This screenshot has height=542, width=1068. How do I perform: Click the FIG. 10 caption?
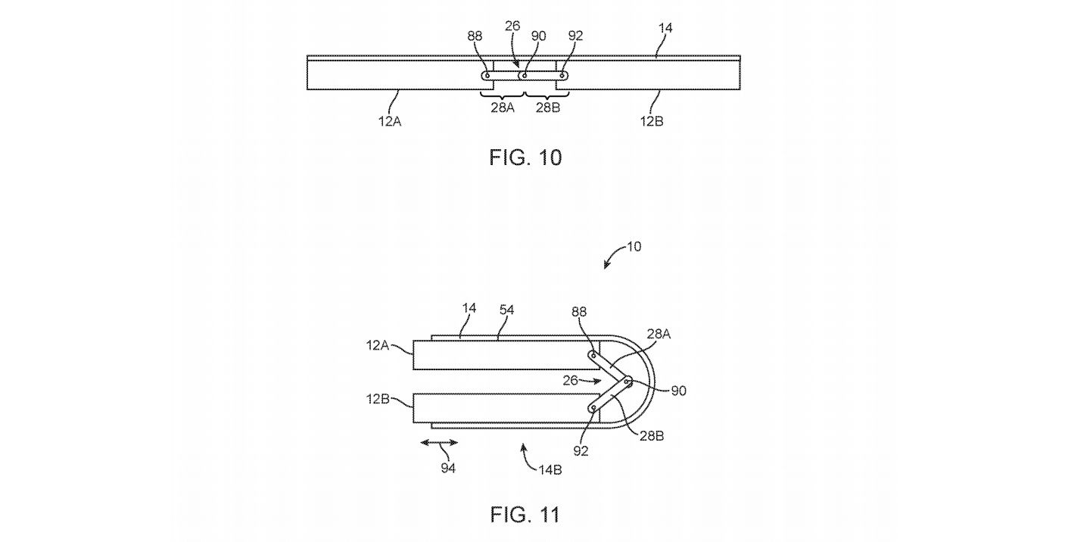(525, 157)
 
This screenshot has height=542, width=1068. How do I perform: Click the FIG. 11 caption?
(525, 515)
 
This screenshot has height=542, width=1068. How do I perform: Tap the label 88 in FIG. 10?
(475, 36)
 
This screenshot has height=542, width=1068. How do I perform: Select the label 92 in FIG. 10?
(575, 36)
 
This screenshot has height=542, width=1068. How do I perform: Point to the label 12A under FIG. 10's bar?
(390, 122)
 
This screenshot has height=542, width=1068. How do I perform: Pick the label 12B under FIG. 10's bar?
(652, 122)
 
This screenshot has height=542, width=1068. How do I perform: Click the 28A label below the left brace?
(503, 107)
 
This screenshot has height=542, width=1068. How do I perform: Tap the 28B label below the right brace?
(548, 107)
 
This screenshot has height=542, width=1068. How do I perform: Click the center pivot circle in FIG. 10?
(525, 76)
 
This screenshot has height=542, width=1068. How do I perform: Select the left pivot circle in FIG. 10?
(487, 76)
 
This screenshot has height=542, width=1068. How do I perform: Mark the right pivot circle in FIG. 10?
(563, 76)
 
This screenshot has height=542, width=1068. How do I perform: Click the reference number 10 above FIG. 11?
(634, 247)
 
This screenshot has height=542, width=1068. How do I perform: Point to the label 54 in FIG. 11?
(506, 310)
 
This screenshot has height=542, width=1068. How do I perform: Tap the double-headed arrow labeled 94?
(439, 443)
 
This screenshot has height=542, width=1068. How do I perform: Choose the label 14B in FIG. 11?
(550, 470)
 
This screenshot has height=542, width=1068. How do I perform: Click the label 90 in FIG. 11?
(678, 391)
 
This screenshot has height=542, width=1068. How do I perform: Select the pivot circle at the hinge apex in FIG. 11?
(628, 381)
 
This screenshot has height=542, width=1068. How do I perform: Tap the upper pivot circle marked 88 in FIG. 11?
(593, 355)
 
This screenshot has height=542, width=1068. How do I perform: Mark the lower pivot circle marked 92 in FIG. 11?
(593, 409)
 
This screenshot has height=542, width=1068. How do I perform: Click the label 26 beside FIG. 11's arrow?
(570, 381)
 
